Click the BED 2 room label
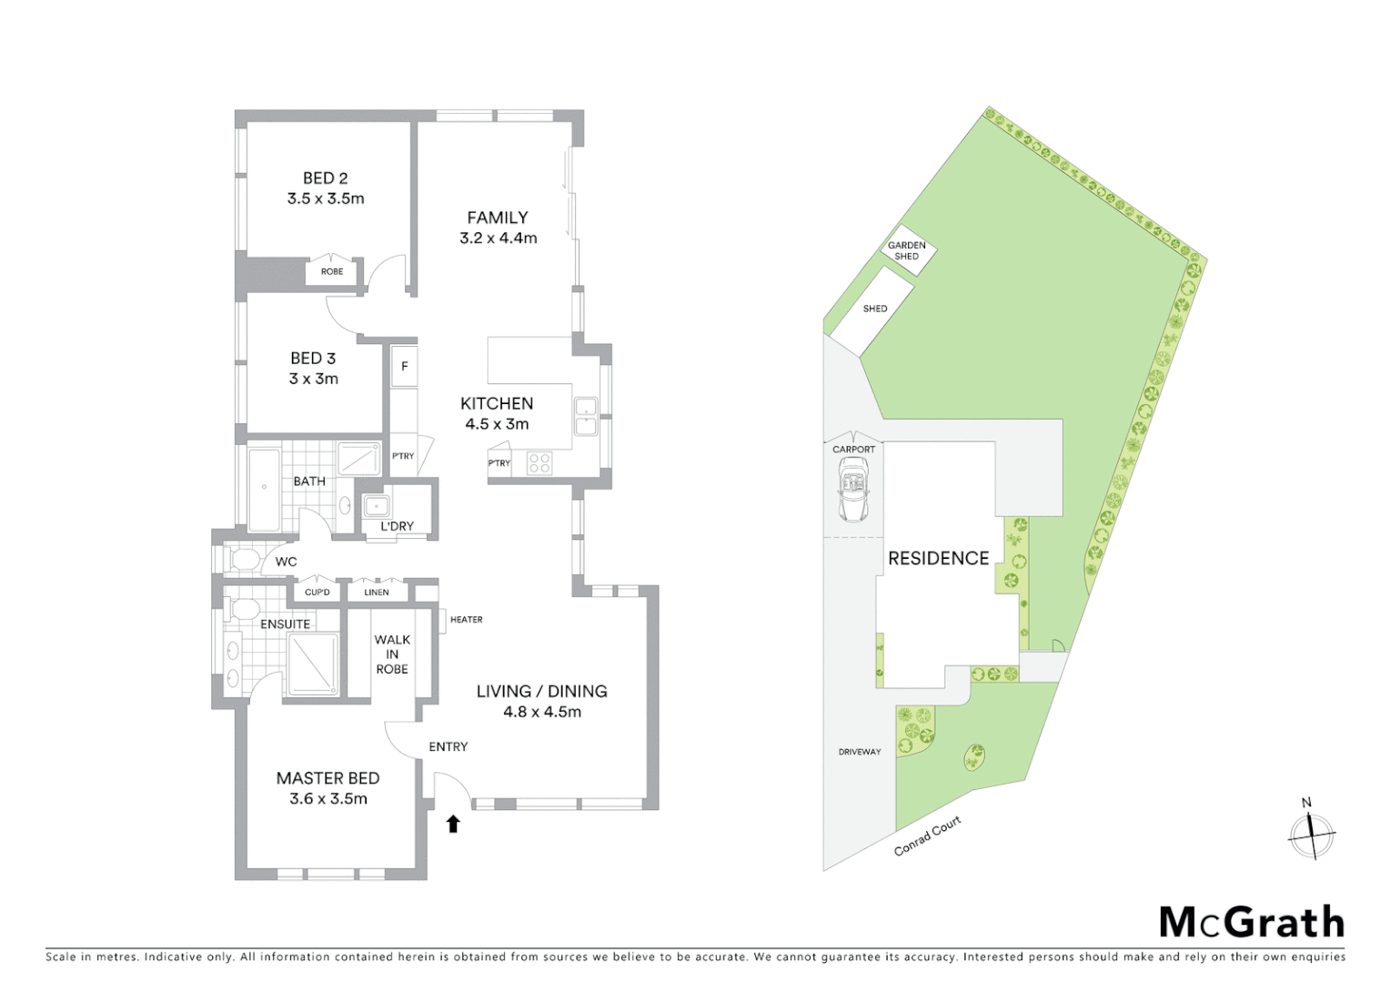325,178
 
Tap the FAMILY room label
498,218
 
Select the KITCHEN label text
497,403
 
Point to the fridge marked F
405,367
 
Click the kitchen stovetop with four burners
539,462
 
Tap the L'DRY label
397,526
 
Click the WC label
286,562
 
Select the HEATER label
466,620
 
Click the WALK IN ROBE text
392,654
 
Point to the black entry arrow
453,824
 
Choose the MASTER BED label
327,778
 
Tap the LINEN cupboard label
376,593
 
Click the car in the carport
853,490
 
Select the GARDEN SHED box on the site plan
907,250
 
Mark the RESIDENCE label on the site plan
938,558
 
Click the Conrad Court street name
927,836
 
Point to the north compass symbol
1311,831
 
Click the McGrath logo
1251,922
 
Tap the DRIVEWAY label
860,752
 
